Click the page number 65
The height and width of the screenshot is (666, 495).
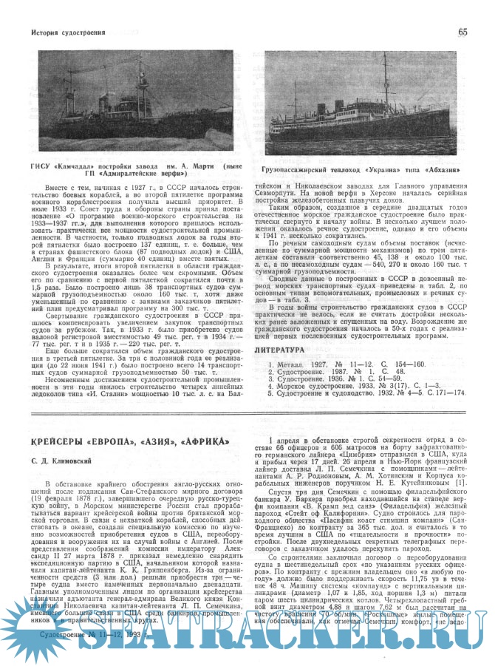click(462, 32)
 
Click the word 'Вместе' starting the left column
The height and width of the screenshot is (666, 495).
click(57, 190)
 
